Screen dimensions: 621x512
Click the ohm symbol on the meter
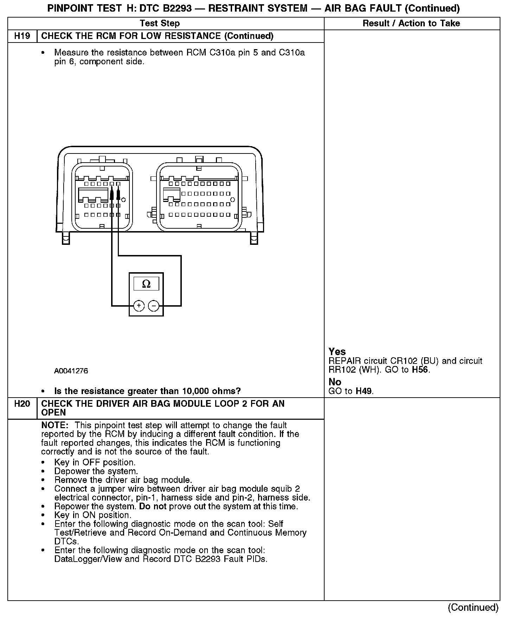point(146,284)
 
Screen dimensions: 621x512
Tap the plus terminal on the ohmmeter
point(139,306)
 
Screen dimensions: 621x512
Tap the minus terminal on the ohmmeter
point(154,306)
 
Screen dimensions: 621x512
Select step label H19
point(22,36)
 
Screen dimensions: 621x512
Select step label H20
point(22,404)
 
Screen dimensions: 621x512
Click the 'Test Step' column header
point(160,24)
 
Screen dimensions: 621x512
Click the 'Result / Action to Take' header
point(411,24)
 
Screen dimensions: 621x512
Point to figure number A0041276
point(71,371)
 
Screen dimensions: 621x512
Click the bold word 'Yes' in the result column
point(337,352)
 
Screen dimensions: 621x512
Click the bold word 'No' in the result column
point(335,382)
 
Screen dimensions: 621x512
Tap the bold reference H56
point(420,370)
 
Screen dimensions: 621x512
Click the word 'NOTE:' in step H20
point(55,425)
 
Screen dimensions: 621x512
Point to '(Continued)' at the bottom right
point(473,608)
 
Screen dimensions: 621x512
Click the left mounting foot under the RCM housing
point(66,238)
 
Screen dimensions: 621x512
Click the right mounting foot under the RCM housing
point(254,238)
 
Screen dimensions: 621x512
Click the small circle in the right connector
point(232,200)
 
